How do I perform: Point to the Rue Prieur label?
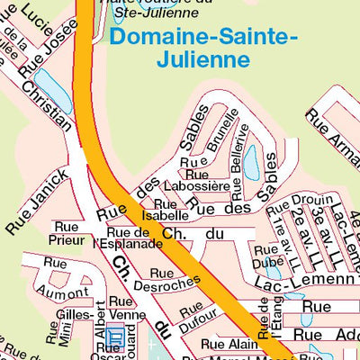[x=66, y=234]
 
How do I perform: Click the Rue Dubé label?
[x=266, y=256]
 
